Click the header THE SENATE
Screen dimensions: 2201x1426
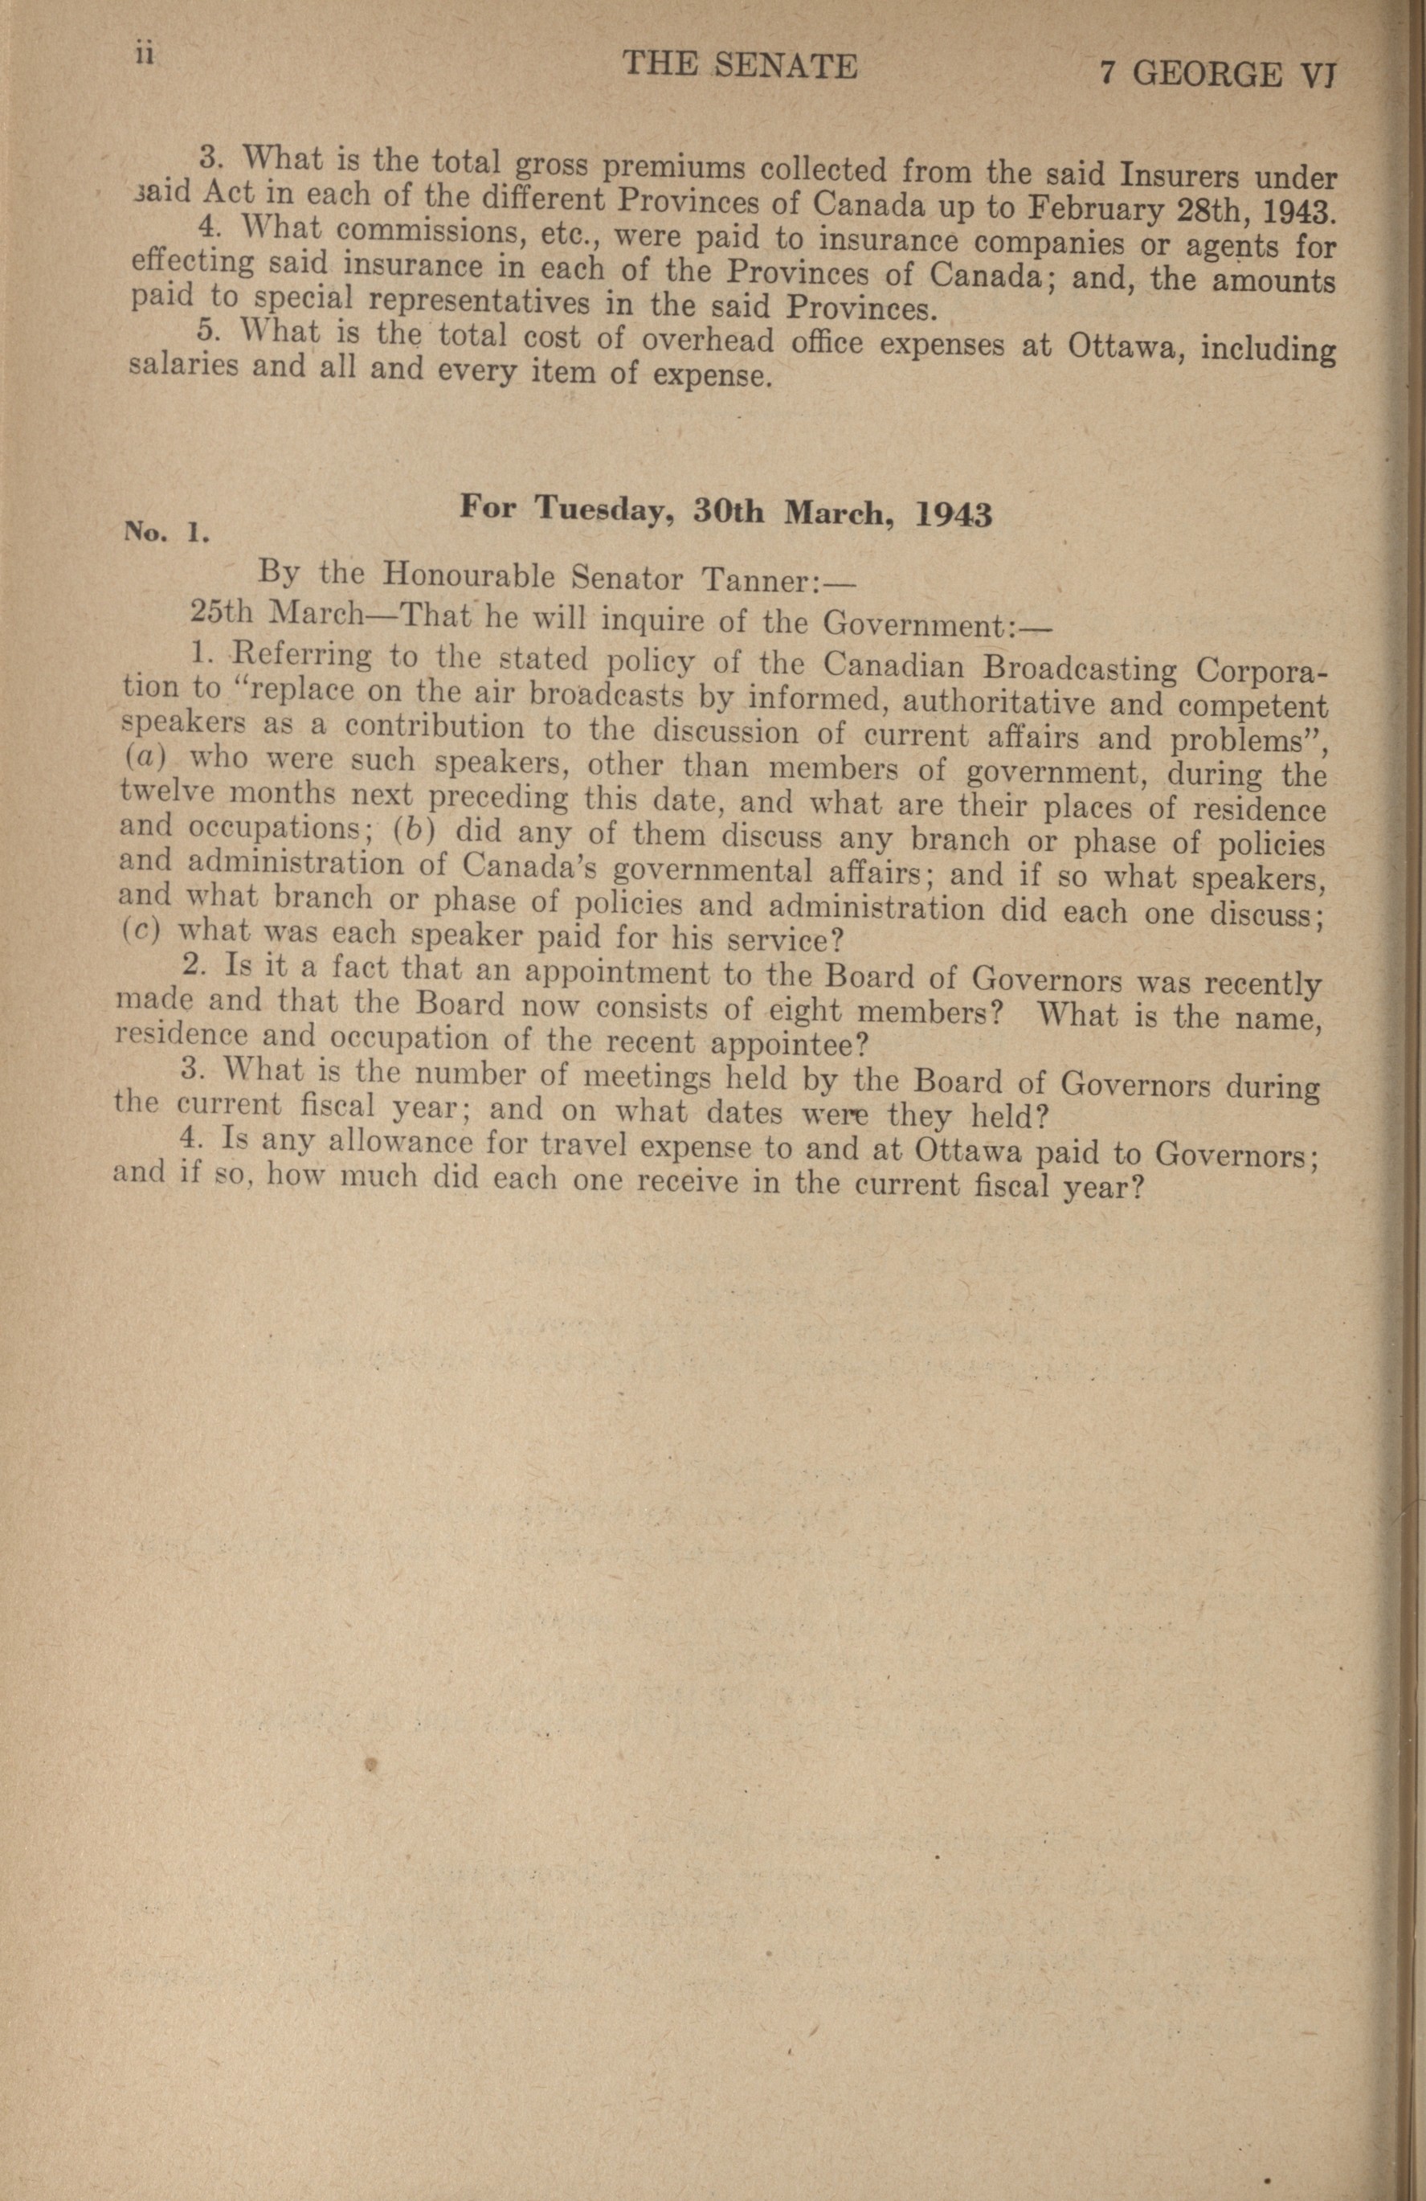tap(740, 66)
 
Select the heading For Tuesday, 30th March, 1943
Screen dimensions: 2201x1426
tap(726, 510)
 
